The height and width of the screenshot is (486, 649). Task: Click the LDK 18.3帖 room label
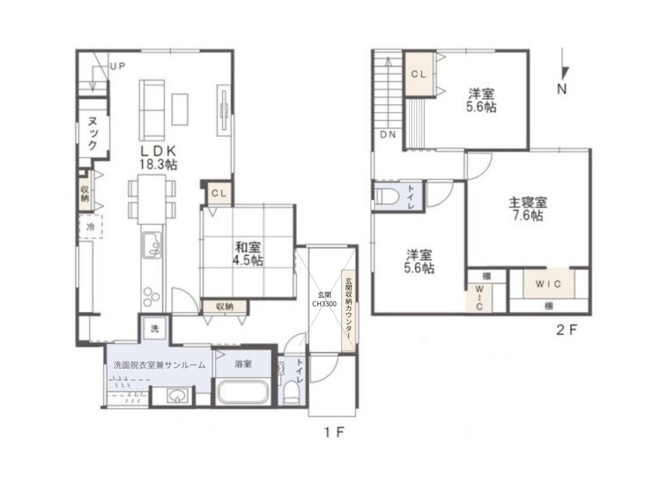point(158,157)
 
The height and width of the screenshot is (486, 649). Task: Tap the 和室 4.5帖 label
point(248,254)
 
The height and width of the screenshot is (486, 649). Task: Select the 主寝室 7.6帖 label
point(528,209)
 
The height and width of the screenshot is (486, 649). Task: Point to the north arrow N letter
point(562,89)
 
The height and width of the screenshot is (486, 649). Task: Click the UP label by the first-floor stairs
point(117,66)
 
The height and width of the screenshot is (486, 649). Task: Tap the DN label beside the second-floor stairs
point(388,134)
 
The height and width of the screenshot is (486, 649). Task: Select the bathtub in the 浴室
point(243,391)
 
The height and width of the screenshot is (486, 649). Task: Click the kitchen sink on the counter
point(152,245)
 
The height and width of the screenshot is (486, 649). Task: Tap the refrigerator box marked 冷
point(91,227)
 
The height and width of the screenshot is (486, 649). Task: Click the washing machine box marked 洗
point(154,328)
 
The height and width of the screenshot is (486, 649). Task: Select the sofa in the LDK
point(152,110)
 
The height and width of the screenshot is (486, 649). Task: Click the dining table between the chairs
point(151,199)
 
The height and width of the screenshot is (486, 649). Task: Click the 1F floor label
point(335,433)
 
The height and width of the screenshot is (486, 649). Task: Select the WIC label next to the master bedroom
point(548,284)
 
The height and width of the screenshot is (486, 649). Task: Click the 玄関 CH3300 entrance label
point(324,299)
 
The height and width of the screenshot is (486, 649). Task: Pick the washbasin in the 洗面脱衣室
point(178,396)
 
